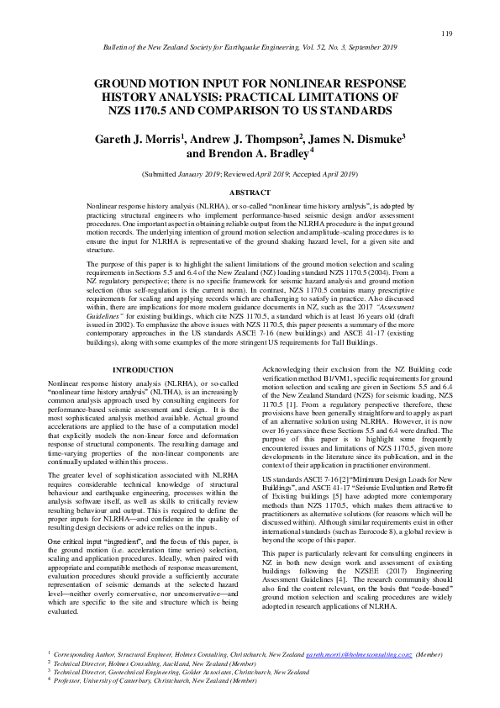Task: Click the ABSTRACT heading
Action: pos(250,193)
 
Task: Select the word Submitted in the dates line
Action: pos(163,174)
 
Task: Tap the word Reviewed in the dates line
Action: pos(240,174)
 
